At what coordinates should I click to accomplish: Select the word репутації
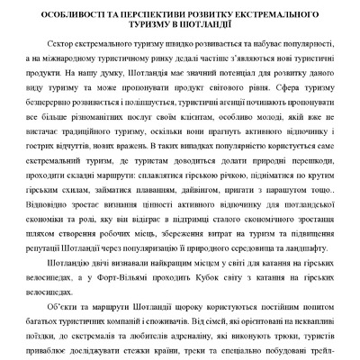coord(61,242)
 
